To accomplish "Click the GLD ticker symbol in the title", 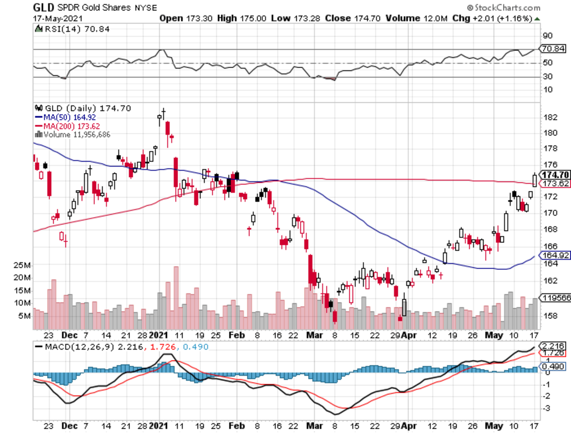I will [x=43, y=8].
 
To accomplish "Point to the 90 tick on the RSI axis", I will [x=548, y=35].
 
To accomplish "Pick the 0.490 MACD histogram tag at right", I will [x=555, y=367].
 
